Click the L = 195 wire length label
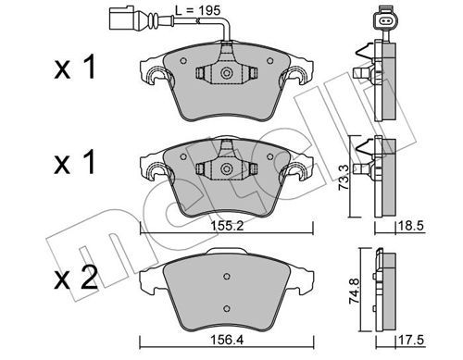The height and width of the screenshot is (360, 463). coord(198,10)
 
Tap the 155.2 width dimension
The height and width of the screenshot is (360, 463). coord(227,226)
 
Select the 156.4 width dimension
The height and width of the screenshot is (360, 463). coord(227,340)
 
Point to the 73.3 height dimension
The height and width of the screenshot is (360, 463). coord(344,177)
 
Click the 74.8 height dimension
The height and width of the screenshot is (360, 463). coord(354,292)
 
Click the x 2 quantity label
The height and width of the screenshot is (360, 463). coord(76,278)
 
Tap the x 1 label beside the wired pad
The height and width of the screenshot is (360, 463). coord(75,68)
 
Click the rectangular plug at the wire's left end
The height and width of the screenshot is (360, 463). coord(120,19)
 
